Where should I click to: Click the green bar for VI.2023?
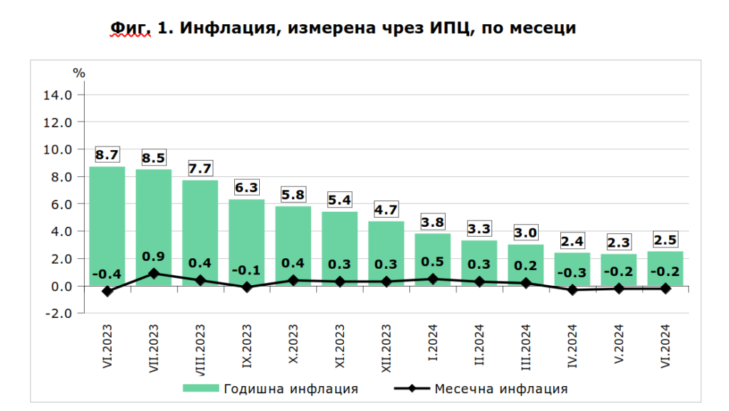tap(107, 213)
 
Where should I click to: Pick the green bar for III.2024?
tap(525, 256)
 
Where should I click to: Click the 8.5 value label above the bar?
tap(154, 157)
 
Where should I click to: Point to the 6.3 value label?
tap(246, 188)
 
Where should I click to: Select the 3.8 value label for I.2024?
tap(432, 221)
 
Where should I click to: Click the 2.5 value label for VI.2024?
tap(665, 239)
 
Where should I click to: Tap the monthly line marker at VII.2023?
tap(154, 274)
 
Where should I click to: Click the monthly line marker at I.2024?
tap(432, 279)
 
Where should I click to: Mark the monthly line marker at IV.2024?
tap(572, 290)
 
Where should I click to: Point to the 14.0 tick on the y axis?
tap(61, 95)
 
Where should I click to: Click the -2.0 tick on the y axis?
tap(61, 314)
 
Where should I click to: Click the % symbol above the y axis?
tap(79, 73)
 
